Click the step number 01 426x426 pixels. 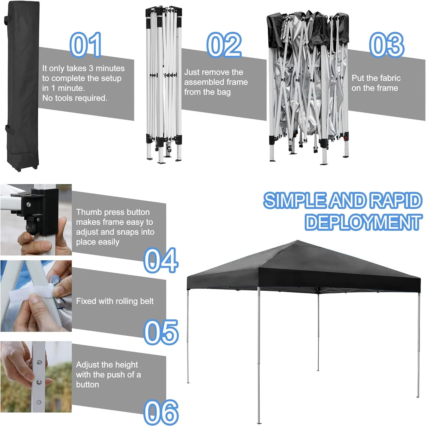(x=85, y=45)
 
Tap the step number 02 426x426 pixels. (x=224, y=45)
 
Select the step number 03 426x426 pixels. (x=387, y=45)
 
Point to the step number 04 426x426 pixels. (x=161, y=260)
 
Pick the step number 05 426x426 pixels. (x=161, y=332)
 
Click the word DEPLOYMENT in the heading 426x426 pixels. (x=363, y=222)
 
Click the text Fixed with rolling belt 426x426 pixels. (x=115, y=301)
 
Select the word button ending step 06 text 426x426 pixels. (x=87, y=385)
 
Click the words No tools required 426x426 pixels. (x=75, y=98)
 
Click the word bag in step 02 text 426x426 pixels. (x=224, y=92)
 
